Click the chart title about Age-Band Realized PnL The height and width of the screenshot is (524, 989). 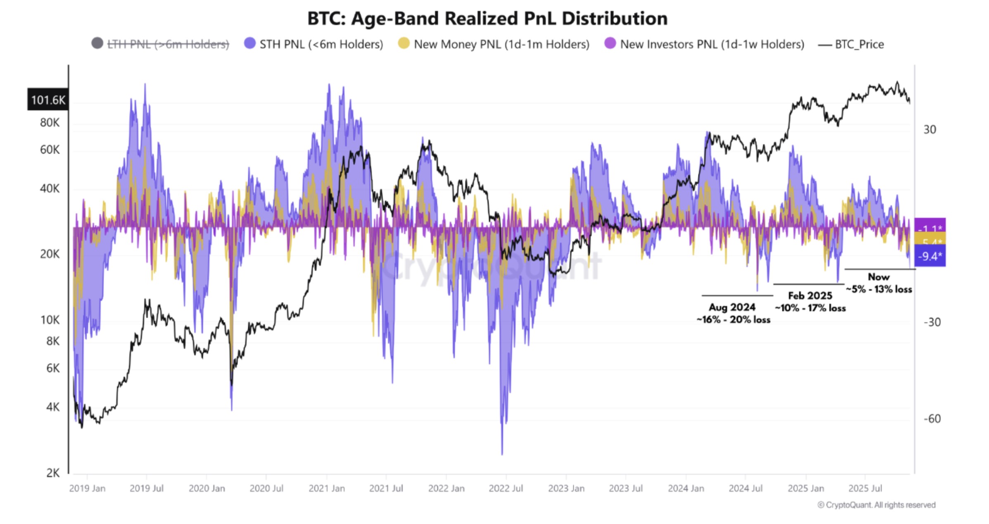(487, 19)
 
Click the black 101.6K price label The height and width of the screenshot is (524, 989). (48, 100)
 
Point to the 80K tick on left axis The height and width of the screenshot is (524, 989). (50, 123)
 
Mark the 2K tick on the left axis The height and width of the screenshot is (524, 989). (52, 473)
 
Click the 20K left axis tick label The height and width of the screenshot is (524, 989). (50, 254)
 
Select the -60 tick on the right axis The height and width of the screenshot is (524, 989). (932, 419)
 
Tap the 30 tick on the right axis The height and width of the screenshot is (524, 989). (930, 130)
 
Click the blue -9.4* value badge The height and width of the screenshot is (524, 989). (930, 256)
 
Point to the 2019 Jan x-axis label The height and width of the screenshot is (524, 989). (87, 488)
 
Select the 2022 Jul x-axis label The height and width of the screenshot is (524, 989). (506, 488)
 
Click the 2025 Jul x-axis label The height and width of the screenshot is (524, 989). (865, 488)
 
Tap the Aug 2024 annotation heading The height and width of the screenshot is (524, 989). (732, 307)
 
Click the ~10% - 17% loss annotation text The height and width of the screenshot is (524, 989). (810, 308)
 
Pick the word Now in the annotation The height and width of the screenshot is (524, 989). (879, 277)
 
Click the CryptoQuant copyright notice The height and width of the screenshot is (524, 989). (876, 505)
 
